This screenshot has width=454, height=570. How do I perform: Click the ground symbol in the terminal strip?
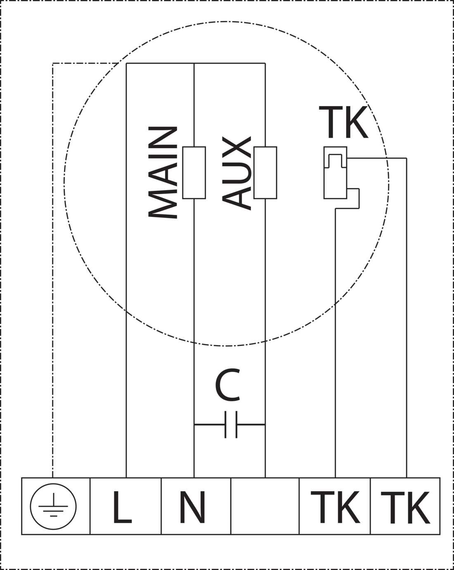pos(53,506)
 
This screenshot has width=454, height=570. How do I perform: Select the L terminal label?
pos(122,507)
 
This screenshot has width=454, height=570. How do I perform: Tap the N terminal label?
pos(193,507)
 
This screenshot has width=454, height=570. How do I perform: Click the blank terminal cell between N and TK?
pos(265,506)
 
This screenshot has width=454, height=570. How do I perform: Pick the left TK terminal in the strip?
pos(335,507)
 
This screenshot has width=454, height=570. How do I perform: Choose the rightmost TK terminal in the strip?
pos(405,507)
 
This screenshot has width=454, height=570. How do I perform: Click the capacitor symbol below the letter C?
pos(231,424)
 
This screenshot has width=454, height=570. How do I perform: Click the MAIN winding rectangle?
pos(194,172)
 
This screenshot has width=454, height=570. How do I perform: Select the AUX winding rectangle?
pos(265,172)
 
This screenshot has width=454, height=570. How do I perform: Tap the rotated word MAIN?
pos(163,172)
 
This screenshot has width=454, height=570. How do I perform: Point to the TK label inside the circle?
pos(343,122)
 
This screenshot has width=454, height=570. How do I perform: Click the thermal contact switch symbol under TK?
pos(335,172)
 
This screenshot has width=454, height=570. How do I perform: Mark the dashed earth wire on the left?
pos(53,268)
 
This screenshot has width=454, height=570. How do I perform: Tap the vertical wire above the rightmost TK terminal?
pos(407,330)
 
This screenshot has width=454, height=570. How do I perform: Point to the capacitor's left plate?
pos(225,424)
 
